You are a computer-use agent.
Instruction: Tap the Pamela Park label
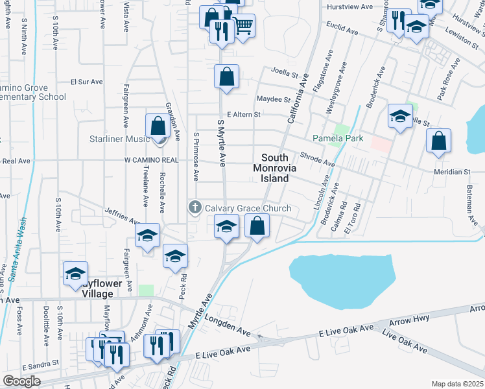click(338, 138)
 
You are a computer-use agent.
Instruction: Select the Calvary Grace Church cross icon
click(194, 208)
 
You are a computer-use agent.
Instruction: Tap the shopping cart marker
click(244, 26)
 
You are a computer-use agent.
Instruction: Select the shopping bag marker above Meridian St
click(439, 140)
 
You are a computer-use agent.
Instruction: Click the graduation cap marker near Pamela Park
click(400, 117)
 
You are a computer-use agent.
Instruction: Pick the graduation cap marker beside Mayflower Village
click(76, 274)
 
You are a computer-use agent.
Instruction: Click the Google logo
click(21, 381)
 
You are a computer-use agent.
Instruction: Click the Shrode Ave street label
click(317, 159)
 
